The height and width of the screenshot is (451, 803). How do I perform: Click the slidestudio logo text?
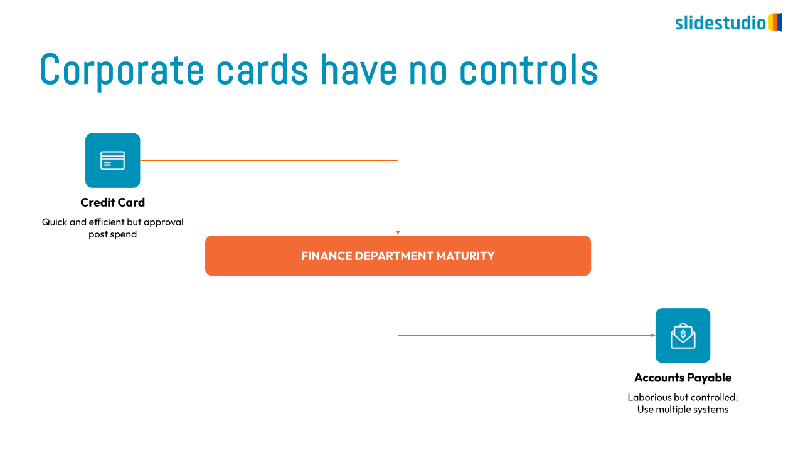tap(721, 23)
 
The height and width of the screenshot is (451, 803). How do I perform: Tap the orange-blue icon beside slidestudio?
tap(775, 22)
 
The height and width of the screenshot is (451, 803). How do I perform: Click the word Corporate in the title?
tap(122, 71)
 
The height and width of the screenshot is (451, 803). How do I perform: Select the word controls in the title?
tap(529, 69)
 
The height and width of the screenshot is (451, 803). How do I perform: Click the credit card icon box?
tap(112, 160)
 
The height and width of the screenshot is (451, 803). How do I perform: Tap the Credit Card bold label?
tap(112, 202)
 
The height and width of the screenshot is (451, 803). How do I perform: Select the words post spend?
tap(112, 234)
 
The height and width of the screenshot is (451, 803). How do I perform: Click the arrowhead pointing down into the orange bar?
tap(398, 232)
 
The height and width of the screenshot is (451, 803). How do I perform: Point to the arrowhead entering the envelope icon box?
tap(653, 335)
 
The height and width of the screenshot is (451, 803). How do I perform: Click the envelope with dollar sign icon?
tap(683, 336)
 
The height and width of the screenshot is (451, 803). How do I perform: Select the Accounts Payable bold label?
tap(683, 378)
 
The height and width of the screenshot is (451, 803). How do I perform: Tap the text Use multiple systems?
tap(683, 410)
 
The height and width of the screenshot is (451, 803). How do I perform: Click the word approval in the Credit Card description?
tap(164, 222)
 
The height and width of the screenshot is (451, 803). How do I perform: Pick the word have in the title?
tap(359, 69)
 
